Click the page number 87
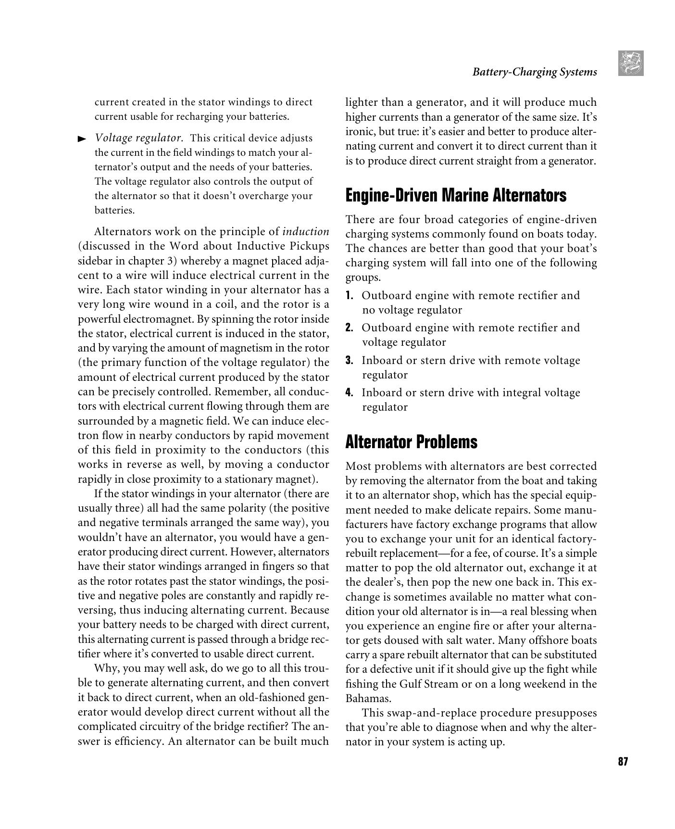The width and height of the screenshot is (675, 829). tap(623, 762)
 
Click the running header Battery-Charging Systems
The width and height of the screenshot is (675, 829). tap(534, 72)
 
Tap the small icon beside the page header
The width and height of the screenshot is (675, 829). tap(630, 63)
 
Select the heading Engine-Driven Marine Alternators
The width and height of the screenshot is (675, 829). tap(456, 195)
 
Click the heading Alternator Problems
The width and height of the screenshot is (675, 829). tap(411, 441)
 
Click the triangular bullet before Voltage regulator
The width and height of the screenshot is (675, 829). tap(82, 139)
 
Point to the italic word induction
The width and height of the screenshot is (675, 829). tap(306, 232)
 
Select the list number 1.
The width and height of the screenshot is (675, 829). tap(350, 295)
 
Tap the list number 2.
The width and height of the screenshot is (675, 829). tap(350, 328)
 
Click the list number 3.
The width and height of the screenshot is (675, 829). tap(350, 361)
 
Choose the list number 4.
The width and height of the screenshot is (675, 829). tap(350, 393)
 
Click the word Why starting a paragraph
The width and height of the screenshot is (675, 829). tap(107, 668)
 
